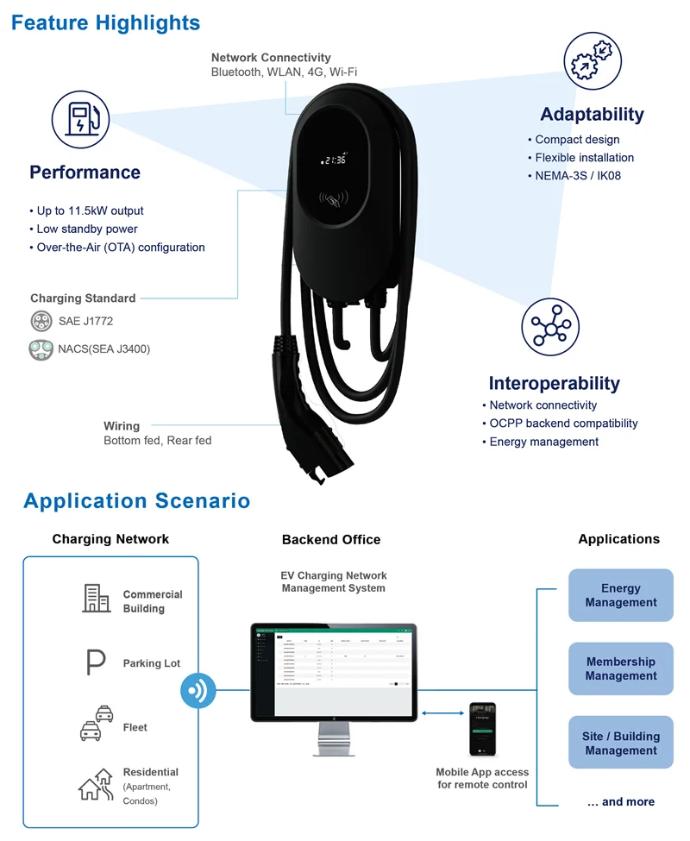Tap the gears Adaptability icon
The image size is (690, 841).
click(x=593, y=61)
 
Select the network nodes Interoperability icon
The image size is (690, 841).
click(x=550, y=328)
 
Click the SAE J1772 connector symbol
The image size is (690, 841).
click(x=41, y=321)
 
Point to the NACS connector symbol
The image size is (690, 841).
click(x=41, y=349)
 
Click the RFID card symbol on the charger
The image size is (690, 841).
click(x=332, y=201)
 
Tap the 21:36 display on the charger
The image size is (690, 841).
click(x=332, y=160)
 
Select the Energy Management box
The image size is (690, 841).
click(x=620, y=595)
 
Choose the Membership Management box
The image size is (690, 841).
click(x=620, y=668)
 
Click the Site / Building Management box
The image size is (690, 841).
click(x=620, y=743)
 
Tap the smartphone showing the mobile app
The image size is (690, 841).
click(x=482, y=730)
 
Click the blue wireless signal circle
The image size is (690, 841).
click(x=198, y=692)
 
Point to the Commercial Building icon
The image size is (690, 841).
click(x=96, y=598)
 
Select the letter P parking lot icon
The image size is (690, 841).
click(x=96, y=662)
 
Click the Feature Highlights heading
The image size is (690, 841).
click(x=105, y=23)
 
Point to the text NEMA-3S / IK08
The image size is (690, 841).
click(x=577, y=176)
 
